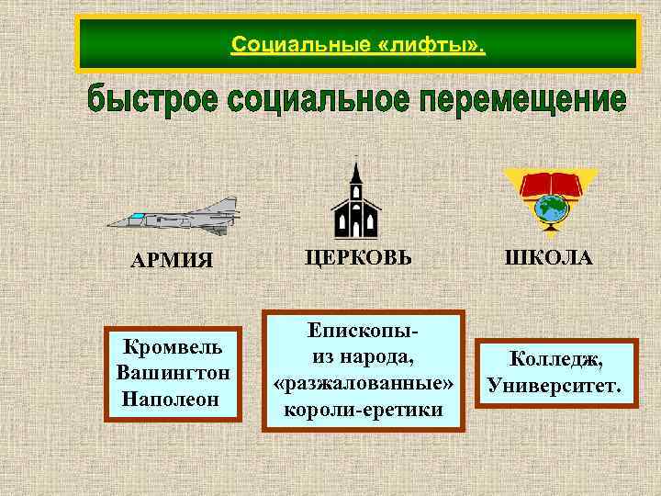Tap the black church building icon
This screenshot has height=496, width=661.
[353, 204]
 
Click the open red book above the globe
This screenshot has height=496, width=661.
[551, 184]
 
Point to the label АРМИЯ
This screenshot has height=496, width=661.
[172, 260]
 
